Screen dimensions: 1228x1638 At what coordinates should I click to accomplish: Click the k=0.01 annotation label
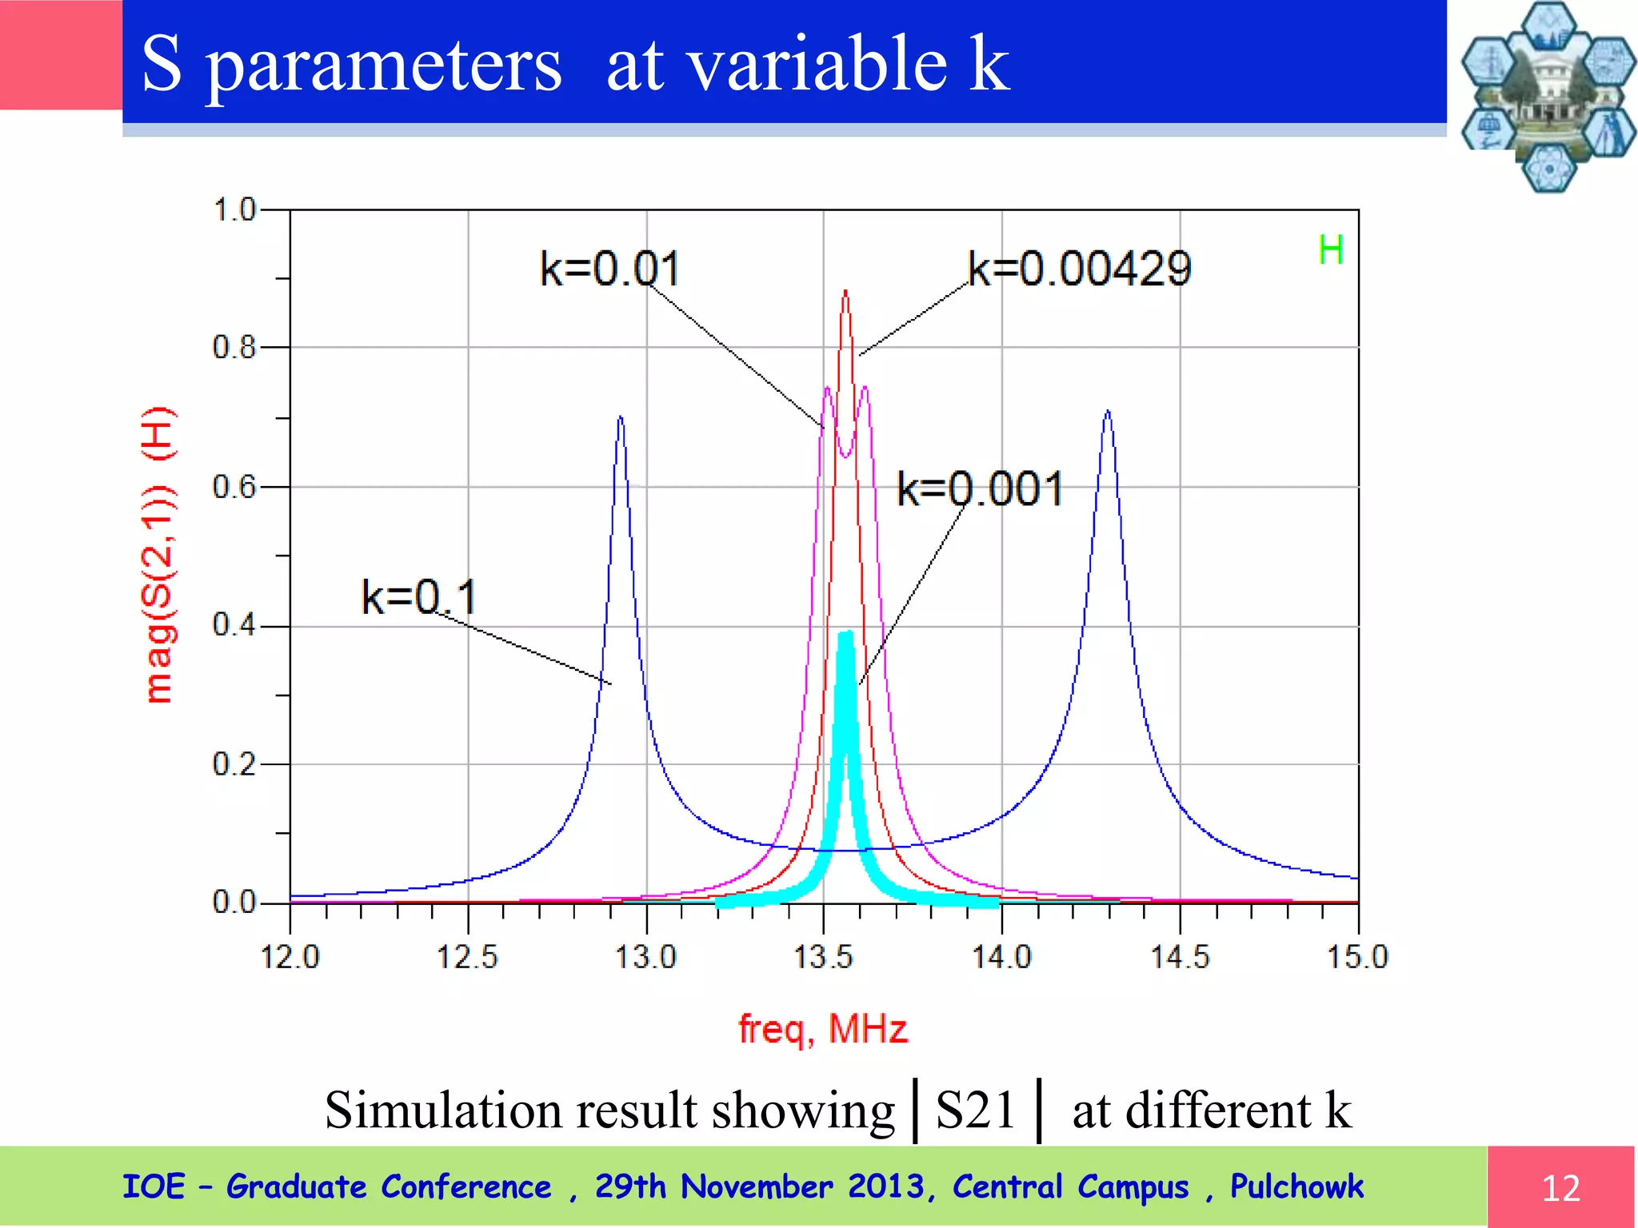click(609, 269)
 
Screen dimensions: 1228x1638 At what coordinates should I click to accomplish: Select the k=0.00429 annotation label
click(1079, 269)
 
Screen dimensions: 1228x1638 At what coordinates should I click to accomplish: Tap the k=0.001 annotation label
click(980, 488)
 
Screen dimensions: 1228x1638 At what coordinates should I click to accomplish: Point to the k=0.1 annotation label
click(419, 597)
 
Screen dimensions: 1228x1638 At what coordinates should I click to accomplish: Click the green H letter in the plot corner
click(1330, 251)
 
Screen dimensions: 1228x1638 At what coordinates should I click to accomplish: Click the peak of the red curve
click(845, 293)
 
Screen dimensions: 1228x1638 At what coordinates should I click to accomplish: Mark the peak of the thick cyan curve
click(846, 634)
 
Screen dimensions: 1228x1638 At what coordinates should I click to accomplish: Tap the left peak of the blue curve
click(621, 417)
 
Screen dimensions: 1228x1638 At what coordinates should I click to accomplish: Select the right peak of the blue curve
click(1108, 412)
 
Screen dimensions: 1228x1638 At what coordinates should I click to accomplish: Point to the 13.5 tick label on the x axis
click(823, 957)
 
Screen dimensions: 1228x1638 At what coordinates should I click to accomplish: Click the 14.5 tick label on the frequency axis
click(1180, 957)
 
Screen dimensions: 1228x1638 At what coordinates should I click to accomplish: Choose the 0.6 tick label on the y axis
click(234, 487)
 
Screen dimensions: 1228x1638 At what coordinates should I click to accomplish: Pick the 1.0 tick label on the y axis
click(234, 210)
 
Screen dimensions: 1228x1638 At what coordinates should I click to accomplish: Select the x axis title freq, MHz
click(823, 1029)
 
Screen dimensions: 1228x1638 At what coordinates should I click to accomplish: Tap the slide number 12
click(1560, 1188)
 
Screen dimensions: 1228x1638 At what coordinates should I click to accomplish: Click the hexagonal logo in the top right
click(1547, 96)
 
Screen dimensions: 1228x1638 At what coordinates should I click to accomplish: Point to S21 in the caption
click(976, 1110)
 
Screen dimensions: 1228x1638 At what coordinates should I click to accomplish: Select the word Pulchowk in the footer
click(1296, 1186)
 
